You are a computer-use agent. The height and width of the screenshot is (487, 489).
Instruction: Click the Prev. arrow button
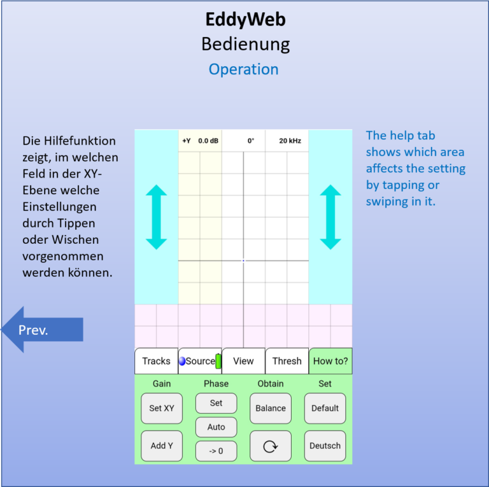(x=42, y=330)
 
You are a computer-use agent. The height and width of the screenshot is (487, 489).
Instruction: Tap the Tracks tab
(x=156, y=361)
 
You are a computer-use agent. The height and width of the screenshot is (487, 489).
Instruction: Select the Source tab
(x=200, y=361)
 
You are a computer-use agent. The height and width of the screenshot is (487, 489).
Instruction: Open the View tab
(x=243, y=361)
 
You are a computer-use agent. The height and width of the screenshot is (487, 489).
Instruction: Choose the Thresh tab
(x=287, y=361)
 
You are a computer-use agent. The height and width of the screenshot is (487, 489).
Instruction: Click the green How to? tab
(x=330, y=361)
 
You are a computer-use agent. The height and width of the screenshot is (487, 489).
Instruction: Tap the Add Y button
(x=162, y=446)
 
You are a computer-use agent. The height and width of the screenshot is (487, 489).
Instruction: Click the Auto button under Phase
(x=216, y=427)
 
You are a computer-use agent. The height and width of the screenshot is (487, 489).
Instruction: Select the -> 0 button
(x=216, y=451)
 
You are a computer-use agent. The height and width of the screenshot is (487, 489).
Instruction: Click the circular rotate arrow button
(x=271, y=446)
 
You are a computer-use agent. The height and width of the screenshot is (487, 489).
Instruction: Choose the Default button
(x=325, y=408)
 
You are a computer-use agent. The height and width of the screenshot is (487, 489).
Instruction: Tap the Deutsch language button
(x=325, y=446)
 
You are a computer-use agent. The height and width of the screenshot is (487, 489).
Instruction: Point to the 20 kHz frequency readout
(x=290, y=141)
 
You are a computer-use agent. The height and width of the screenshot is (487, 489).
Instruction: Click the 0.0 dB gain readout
(x=208, y=141)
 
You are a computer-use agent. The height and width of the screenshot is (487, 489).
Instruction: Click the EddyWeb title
(x=245, y=19)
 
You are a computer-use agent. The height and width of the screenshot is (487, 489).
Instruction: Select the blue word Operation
(x=244, y=69)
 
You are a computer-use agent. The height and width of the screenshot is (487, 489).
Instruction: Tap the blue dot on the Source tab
(x=182, y=361)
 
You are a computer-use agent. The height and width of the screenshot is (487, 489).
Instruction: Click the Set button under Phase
(x=216, y=403)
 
